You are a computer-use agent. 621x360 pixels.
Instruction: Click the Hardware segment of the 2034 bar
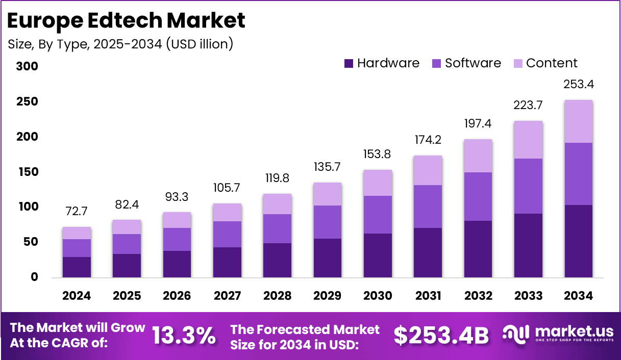click(x=578, y=241)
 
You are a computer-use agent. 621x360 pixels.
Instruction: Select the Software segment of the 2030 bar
click(x=378, y=215)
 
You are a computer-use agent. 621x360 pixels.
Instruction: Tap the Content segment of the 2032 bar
click(x=478, y=156)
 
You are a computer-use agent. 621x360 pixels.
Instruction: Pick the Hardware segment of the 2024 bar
click(x=77, y=267)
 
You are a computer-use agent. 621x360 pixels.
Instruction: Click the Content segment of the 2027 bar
click(x=227, y=212)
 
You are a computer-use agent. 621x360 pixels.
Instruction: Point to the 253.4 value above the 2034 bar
click(x=578, y=84)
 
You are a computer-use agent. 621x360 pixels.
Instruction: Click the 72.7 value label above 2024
click(x=77, y=211)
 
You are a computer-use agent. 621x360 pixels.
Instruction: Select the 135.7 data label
click(x=328, y=167)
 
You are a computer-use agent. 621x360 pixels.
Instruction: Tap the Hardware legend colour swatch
click(x=349, y=64)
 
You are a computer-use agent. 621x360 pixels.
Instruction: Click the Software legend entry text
click(x=473, y=63)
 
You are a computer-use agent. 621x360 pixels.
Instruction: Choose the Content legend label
click(x=552, y=63)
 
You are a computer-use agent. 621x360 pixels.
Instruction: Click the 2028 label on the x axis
click(x=277, y=296)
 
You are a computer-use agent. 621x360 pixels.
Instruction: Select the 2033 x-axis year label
click(x=528, y=296)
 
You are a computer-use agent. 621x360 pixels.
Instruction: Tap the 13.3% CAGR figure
click(x=184, y=335)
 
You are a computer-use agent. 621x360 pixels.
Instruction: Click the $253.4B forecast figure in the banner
click(x=441, y=335)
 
